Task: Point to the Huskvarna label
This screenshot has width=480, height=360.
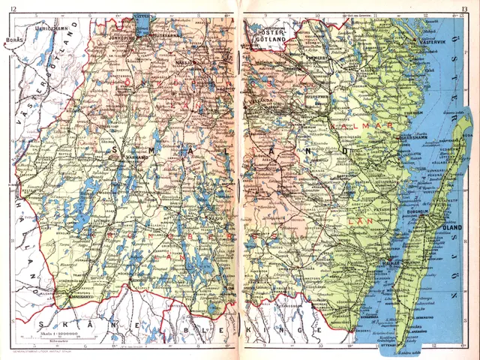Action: [160, 34]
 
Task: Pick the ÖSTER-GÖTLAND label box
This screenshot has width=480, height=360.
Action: [270, 38]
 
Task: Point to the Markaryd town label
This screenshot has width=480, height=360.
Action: [74, 297]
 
